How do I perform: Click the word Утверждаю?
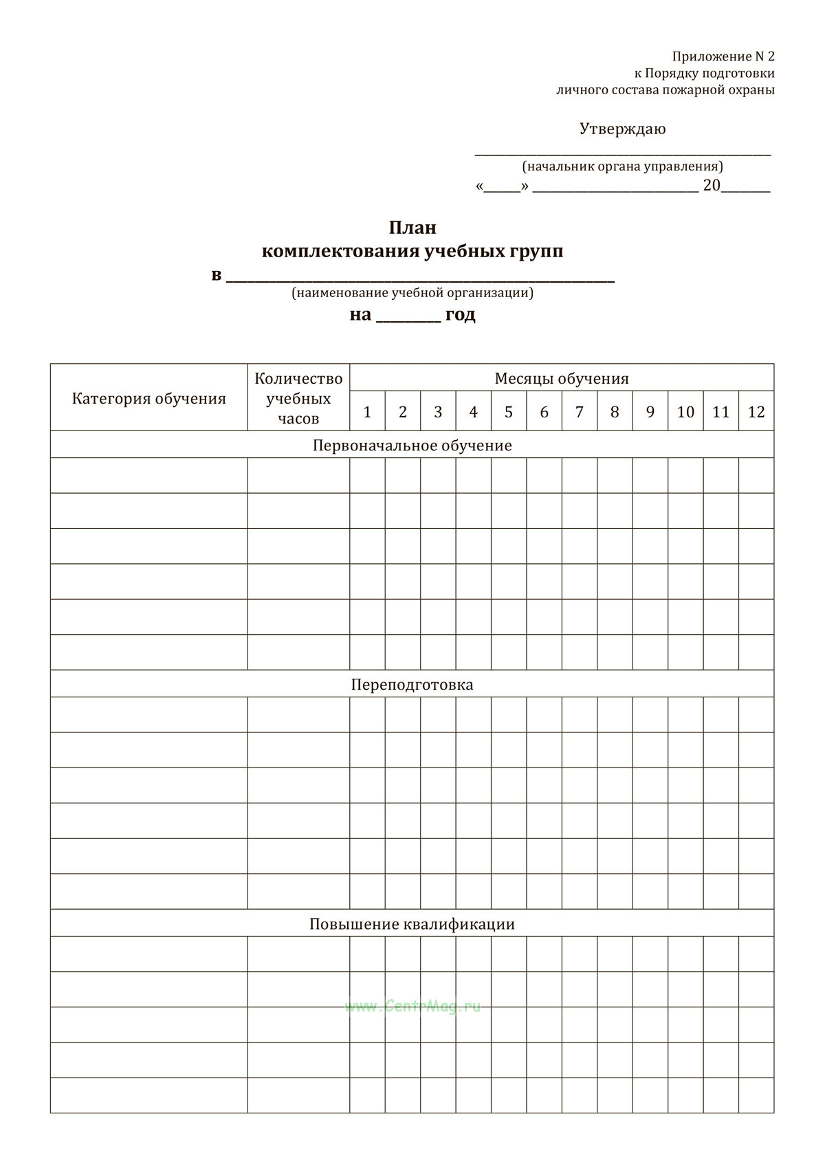coord(622,129)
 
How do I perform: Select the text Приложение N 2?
coord(723,56)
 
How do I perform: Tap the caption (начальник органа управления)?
coord(622,166)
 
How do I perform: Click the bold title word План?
coord(412,227)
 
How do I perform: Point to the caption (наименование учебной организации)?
coord(412,293)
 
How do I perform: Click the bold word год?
coord(460,315)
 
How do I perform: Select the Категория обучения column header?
coord(148,399)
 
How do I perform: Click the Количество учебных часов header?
coord(298,398)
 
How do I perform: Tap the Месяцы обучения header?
coord(562,378)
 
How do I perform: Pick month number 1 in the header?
coord(367,412)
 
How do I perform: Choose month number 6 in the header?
coord(544,412)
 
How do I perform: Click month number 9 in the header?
coord(650,412)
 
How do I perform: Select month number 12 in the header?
coord(756,412)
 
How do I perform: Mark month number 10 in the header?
coord(685,412)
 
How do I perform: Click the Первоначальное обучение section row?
coord(412,445)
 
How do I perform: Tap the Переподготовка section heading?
coord(412,684)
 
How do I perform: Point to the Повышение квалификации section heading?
coord(412,924)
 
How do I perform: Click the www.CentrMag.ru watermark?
coord(412,1006)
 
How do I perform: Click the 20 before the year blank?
coord(711,186)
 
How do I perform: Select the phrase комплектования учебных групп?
coord(412,251)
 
